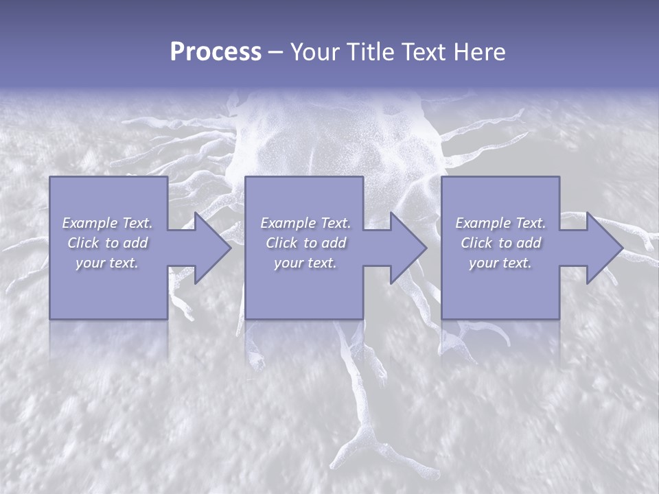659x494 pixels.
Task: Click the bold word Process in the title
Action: click(216, 51)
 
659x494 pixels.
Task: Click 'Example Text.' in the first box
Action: click(107, 223)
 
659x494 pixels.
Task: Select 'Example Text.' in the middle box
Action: click(305, 223)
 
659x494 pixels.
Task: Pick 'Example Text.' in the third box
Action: click(500, 223)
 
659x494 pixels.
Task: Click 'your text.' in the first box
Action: click(107, 263)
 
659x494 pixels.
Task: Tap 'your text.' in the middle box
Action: click(305, 263)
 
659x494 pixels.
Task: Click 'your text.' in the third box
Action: click(500, 263)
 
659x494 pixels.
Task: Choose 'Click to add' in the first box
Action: click(107, 243)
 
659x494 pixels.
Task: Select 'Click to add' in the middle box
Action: click(305, 243)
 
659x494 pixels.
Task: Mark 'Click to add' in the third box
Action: click(500, 243)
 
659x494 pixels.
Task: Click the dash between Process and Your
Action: click(275, 52)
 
